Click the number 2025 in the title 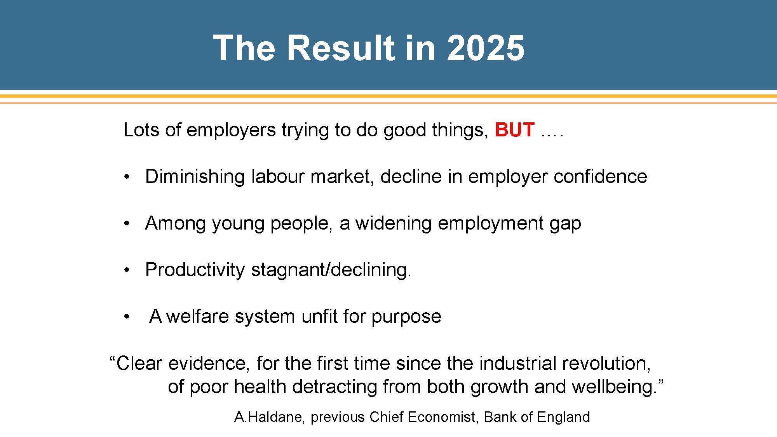(x=486, y=48)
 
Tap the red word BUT (x=515, y=130)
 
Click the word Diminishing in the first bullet (x=195, y=177)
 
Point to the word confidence (x=600, y=177)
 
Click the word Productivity (x=195, y=270)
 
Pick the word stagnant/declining (x=331, y=270)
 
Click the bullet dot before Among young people (x=126, y=224)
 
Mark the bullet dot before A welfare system (x=126, y=317)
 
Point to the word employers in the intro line (x=231, y=131)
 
